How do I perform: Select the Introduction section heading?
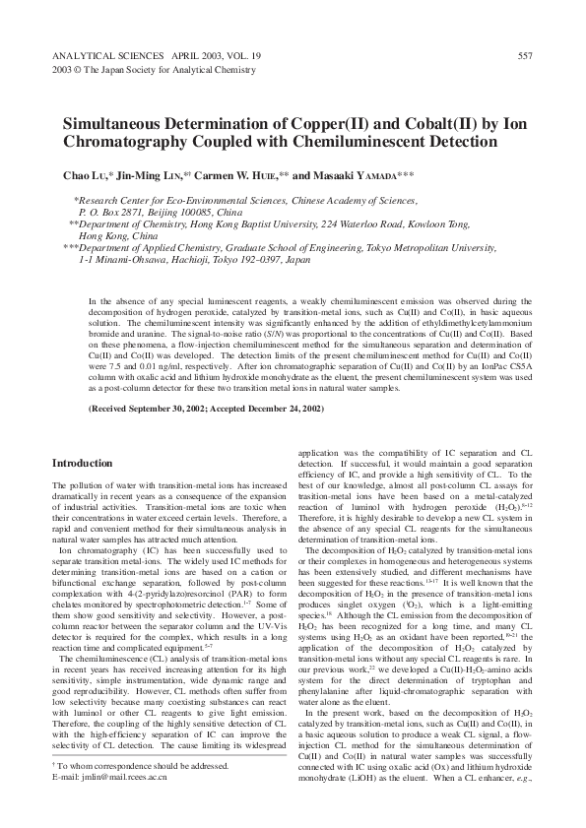[82, 463]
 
